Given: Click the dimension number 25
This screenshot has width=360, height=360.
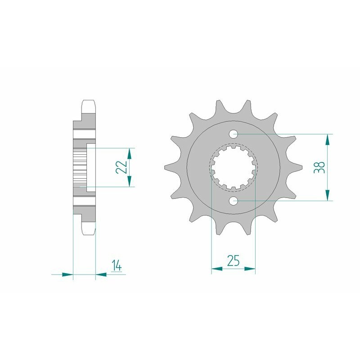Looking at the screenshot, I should (x=233, y=261).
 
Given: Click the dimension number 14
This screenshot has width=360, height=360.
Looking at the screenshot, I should (x=116, y=266).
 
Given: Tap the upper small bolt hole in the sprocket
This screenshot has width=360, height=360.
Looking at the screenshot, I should (x=234, y=134).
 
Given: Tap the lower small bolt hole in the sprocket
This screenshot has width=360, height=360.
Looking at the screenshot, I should (x=234, y=200).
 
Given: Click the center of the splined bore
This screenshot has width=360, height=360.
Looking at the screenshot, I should (x=233, y=167).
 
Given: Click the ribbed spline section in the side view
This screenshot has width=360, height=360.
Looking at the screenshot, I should (x=79, y=167).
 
